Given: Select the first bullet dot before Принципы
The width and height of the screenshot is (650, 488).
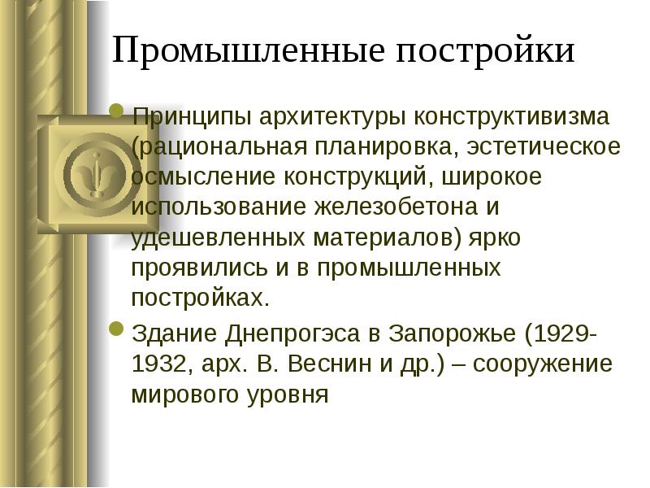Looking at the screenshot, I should [116, 111].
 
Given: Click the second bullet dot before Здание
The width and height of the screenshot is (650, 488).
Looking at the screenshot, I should [116, 330].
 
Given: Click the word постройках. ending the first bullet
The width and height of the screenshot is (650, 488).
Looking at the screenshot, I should [199, 298].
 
